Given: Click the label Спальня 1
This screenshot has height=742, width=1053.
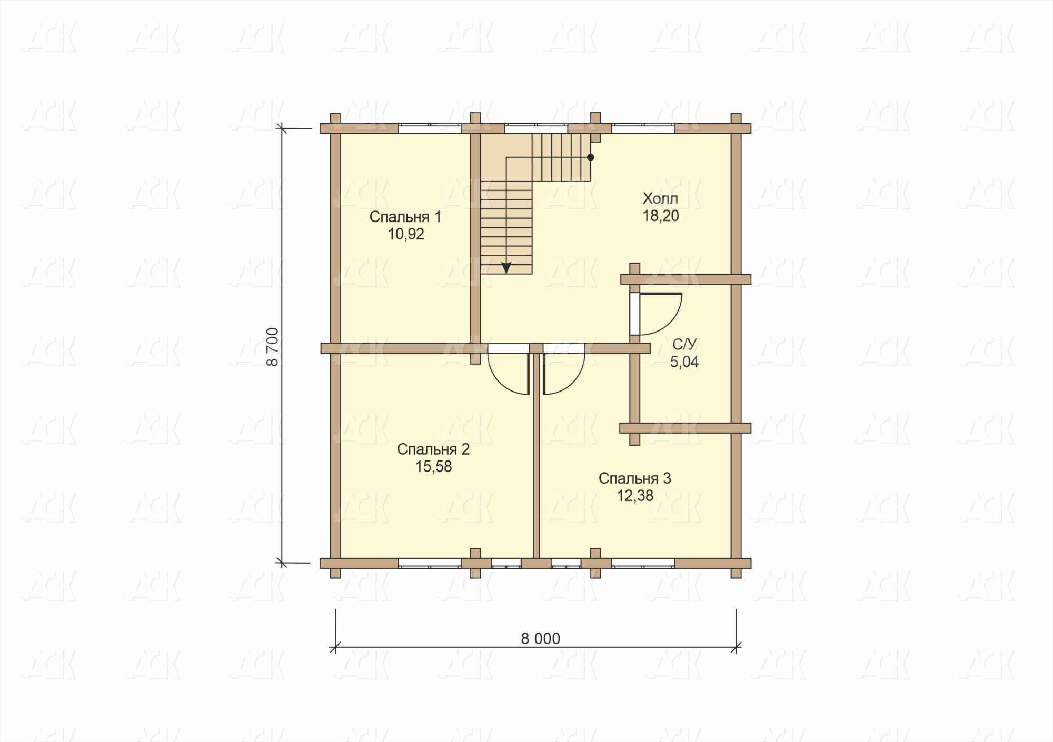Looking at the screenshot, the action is tap(405, 217).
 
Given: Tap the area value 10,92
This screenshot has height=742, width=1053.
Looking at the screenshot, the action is tap(406, 234).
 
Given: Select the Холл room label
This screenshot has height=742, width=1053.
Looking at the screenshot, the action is tap(660, 198).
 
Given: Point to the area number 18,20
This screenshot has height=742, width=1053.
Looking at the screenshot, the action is tap(660, 216).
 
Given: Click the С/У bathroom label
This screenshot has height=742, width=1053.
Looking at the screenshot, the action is tap(684, 344).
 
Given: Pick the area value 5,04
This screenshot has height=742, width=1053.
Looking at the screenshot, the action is tap(684, 362).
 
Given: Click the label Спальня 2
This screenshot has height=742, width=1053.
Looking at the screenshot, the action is tap(433, 449).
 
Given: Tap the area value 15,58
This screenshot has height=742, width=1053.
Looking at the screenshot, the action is tap(433, 466).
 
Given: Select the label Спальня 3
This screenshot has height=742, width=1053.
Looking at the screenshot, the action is tap(634, 478).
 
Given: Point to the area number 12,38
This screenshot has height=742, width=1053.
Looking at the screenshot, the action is tap(635, 496).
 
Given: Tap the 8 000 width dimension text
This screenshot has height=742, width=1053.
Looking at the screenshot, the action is tap(540, 638).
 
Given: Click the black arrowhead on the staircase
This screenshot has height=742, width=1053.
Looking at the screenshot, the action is tap(506, 267).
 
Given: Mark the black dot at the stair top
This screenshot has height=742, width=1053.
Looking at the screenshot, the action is tap(591, 157).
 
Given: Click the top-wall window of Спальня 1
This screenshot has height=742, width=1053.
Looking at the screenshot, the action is tap(429, 127).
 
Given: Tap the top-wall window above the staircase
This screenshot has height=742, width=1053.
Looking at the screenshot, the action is tap(536, 127).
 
